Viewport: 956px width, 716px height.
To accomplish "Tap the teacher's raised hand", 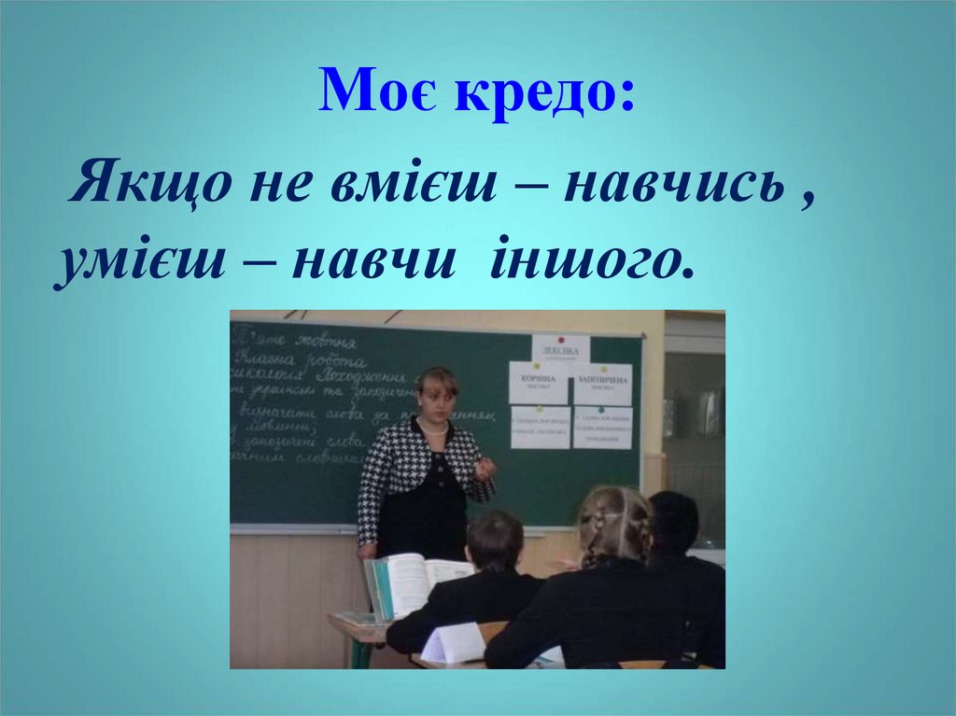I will (485, 467).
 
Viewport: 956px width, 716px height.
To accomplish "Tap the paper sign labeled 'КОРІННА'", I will (539, 383).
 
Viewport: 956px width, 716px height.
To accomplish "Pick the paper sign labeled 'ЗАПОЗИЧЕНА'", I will (602, 383).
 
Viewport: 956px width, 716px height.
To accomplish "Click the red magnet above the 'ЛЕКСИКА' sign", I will (560, 340).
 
